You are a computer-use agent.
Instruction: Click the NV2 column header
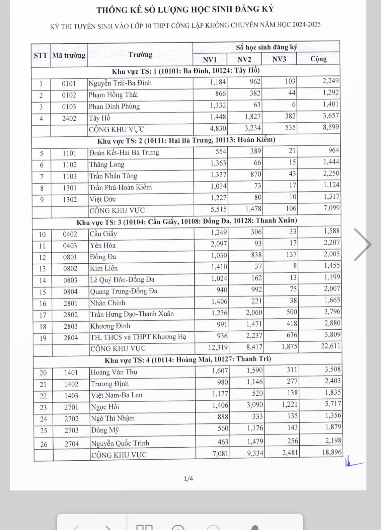244,60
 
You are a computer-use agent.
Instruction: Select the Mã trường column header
69,55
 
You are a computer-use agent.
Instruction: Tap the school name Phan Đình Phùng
114,107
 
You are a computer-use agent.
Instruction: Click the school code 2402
69,118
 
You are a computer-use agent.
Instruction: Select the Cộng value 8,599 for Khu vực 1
331,127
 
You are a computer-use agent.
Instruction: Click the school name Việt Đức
102,199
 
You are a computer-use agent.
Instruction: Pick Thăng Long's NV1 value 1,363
218,163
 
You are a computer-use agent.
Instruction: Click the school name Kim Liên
104,268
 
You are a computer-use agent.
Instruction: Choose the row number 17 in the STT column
43,315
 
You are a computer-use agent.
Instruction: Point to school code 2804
71,338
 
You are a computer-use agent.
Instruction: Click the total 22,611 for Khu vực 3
330,346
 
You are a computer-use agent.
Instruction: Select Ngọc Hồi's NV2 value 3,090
255,405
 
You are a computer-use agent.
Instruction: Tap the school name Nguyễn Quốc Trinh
120,443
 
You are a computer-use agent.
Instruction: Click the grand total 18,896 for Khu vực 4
332,452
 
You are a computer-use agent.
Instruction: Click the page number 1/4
188,478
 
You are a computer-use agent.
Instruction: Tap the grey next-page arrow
363,245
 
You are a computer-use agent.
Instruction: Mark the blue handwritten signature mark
353,463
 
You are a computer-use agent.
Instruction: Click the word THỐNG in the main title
111,10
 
